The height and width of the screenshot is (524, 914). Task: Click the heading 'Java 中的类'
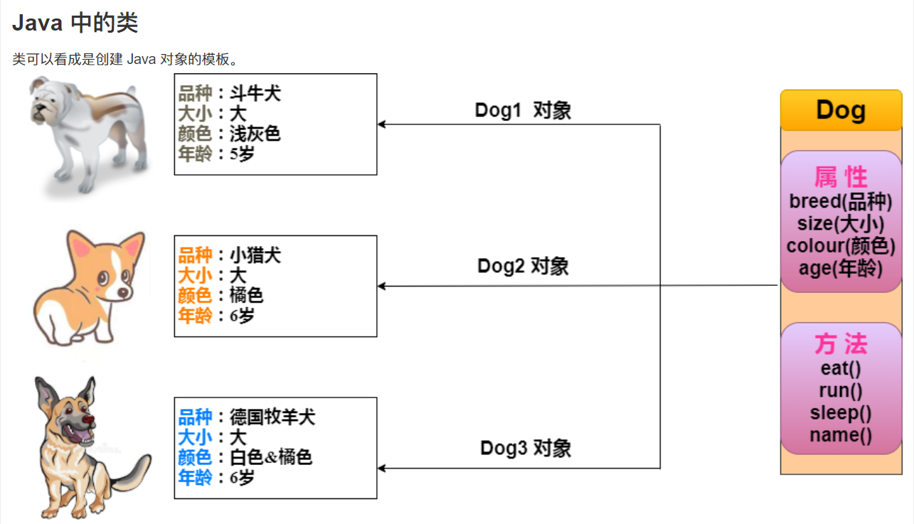tap(75, 23)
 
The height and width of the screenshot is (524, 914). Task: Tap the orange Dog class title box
tap(841, 110)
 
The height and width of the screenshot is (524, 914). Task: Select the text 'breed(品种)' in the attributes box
tap(840, 201)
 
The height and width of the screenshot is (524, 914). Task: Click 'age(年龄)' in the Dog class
tap(840, 268)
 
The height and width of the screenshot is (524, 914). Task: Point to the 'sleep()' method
tap(840, 413)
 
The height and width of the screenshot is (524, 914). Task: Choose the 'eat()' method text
tap(840, 368)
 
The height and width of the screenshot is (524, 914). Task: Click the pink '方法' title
tap(841, 345)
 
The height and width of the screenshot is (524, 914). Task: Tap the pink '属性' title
tap(841, 176)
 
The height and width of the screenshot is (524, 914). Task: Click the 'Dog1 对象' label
tap(523, 110)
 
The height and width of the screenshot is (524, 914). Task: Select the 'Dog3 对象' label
tap(526, 448)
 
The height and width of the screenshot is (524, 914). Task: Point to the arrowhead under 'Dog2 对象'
tap(381, 286)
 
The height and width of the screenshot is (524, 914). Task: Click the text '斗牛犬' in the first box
tap(255, 93)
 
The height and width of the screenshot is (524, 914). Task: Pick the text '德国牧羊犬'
tap(272, 417)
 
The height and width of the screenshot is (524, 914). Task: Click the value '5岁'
tap(242, 154)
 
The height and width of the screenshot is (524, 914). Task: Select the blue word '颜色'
tap(195, 457)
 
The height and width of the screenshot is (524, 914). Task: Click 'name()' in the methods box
tap(840, 435)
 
